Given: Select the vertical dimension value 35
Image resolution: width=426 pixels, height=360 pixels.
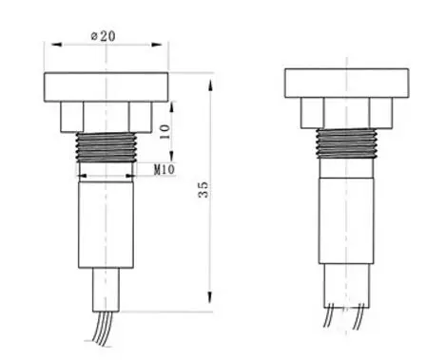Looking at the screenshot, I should [202, 189].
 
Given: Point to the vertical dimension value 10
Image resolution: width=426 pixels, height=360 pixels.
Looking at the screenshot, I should [165, 131].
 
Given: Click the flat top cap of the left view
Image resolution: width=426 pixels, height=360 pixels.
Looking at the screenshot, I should [106, 86].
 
